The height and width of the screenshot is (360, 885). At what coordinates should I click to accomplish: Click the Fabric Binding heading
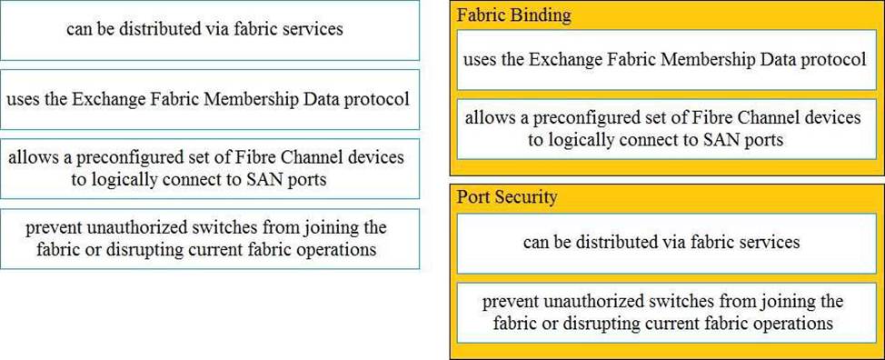point(513,15)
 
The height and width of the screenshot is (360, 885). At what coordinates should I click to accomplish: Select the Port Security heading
point(507,197)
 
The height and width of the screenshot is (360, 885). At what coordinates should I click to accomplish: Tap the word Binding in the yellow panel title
point(541,15)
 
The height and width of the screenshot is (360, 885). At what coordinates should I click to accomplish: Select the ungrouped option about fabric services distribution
point(209,30)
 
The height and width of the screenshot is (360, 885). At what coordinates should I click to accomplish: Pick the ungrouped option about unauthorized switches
point(209,239)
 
